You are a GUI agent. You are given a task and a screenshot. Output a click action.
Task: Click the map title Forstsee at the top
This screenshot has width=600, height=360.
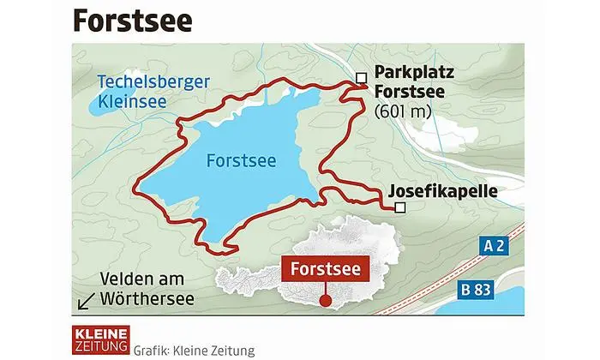pos(132,20)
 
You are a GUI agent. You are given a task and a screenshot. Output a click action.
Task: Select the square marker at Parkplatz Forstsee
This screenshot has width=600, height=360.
pos(362,78)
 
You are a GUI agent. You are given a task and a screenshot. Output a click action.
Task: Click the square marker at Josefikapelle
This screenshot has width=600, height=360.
pos(399,207)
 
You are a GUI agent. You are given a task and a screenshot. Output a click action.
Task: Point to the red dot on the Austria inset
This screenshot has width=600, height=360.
pos(326,301)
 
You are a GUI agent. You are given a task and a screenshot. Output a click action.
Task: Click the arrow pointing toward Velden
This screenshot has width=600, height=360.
pos(86,301)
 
